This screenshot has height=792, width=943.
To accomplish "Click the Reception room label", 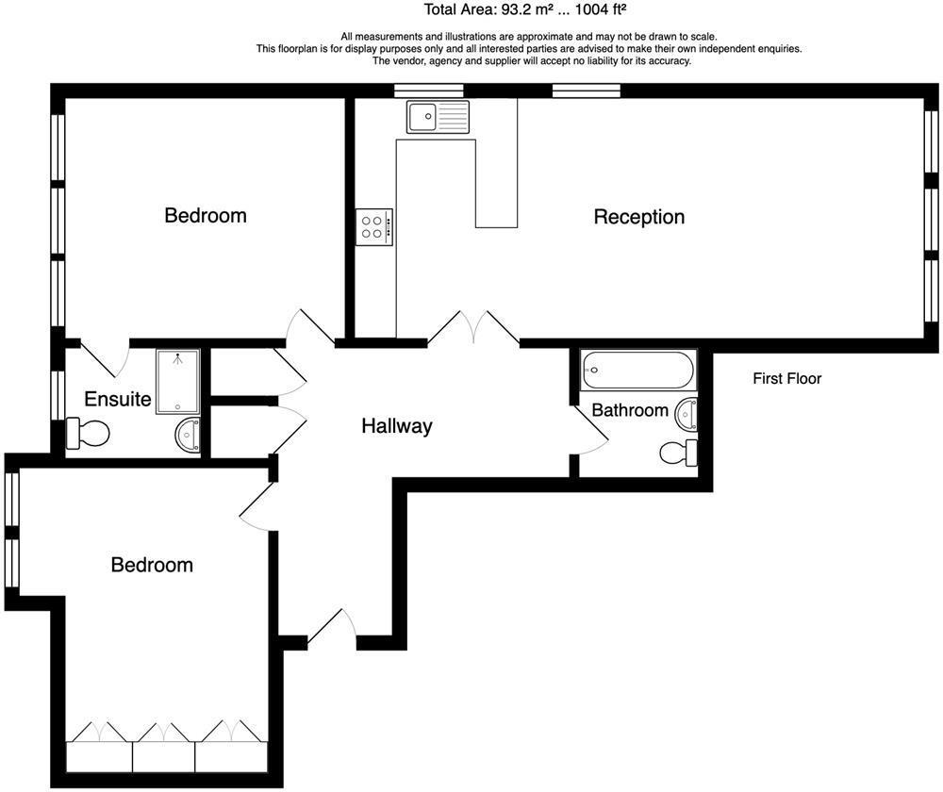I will point(638,217).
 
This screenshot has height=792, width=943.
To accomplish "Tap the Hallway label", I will point(396,426).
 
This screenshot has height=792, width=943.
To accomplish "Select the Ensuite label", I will point(118,399).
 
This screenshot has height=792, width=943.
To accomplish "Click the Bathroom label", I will point(629,410).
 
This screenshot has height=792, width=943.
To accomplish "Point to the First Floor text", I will point(786,379).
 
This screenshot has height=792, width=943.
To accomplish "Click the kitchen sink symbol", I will point(438,117).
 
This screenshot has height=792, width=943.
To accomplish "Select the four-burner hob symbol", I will point(374,227).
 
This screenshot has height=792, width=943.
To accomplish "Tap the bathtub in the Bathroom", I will point(638,371).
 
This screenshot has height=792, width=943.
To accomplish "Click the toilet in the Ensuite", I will point(88,434).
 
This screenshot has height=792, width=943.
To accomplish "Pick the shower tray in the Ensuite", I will point(177,381).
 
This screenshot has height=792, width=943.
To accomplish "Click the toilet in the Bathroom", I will point(679,453).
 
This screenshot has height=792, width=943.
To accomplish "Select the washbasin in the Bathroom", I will point(687,413).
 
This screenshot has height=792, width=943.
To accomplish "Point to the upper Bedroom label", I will point(206,215).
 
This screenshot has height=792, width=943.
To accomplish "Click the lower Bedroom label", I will point(152,565).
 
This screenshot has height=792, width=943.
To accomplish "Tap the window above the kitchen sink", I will point(428,91).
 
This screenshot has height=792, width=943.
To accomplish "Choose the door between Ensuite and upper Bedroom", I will point(106,356).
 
